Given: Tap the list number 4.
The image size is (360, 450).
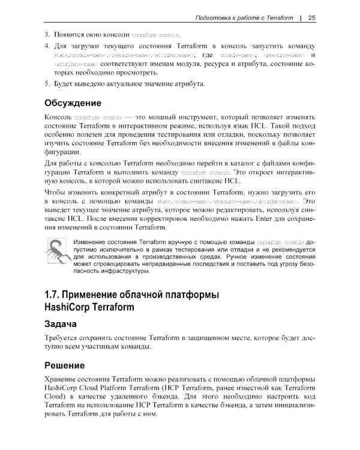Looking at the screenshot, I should click(x=47, y=46).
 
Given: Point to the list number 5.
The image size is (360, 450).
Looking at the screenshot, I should click(x=47, y=83).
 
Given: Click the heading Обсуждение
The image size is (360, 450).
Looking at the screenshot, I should click(x=76, y=103).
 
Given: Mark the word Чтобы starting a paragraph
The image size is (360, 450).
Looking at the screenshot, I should click(x=58, y=191).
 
